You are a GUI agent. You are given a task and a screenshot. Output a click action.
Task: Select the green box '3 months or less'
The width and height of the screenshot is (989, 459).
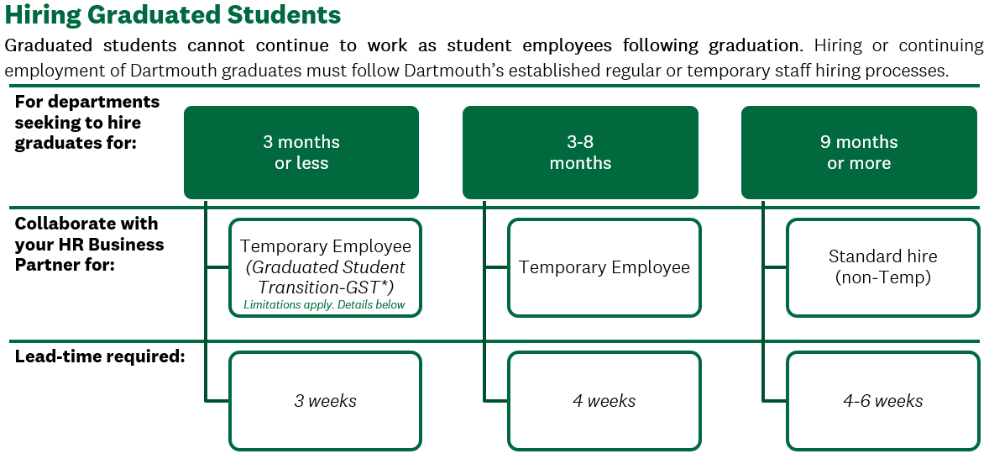(x=301, y=152)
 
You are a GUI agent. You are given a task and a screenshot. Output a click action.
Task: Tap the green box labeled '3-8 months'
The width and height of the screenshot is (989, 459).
(x=580, y=152)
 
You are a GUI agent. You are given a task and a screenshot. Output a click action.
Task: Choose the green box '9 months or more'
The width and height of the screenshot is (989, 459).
(x=859, y=152)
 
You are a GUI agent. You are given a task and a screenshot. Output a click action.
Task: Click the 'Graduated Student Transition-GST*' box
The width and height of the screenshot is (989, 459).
(x=325, y=267)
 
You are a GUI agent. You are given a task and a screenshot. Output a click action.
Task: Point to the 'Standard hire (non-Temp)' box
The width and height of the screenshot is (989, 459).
(x=883, y=267)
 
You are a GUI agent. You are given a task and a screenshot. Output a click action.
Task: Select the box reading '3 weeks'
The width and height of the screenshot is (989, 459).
(x=325, y=401)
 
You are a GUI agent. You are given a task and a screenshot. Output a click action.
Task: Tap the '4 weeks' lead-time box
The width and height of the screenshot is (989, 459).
(x=604, y=401)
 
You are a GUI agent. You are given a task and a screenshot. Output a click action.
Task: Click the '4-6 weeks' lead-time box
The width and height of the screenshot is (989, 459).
(x=883, y=401)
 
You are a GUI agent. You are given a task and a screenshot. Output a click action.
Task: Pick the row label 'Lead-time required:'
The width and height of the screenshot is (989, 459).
(x=100, y=356)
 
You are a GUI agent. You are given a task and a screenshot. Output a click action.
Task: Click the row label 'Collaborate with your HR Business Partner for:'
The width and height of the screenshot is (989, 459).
(x=89, y=245)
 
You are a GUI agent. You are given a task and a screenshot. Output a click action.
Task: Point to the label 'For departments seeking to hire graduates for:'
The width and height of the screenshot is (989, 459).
(x=87, y=123)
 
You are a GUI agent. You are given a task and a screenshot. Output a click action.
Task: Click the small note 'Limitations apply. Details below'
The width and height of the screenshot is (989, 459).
(x=324, y=305)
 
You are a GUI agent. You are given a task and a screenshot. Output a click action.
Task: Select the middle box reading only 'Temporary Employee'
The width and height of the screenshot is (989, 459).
(x=604, y=267)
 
